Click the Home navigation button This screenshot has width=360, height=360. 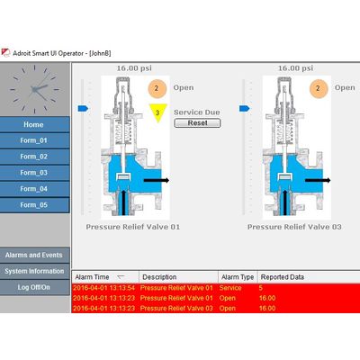[x=34, y=124]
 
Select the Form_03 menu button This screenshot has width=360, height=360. [x=34, y=173]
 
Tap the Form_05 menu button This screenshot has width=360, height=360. [x=34, y=205]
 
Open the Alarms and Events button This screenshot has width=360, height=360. [x=34, y=255]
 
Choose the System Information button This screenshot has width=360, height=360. [x=34, y=271]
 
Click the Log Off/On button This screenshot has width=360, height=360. [x=34, y=287]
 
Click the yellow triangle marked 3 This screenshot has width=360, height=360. [x=157, y=112]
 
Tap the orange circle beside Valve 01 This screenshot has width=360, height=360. [x=157, y=88]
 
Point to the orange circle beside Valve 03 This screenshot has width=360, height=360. [x=319, y=88]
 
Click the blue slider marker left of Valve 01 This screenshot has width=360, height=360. [x=83, y=108]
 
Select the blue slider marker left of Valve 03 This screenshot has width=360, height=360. [x=245, y=108]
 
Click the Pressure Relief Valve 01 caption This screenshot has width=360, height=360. [x=133, y=227]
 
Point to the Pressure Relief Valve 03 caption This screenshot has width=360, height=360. [x=294, y=227]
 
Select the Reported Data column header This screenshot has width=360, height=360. [x=283, y=277]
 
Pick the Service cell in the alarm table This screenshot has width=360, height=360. [x=230, y=288]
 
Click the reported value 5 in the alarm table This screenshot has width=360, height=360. [x=261, y=288]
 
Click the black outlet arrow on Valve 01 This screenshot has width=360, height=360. [x=157, y=180]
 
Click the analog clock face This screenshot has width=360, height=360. [x=34, y=89]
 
